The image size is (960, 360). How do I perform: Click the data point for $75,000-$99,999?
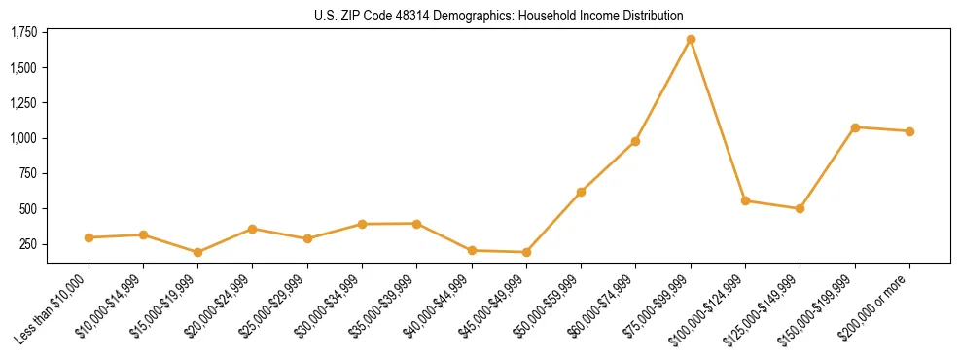(691, 40)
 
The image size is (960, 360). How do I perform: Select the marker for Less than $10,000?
(89, 237)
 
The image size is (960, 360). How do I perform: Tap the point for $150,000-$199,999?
(855, 127)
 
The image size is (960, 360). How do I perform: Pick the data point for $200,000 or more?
(909, 131)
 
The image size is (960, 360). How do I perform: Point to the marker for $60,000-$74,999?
(635, 141)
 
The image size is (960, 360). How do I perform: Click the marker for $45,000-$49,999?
(526, 252)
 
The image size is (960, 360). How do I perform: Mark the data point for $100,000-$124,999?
(745, 200)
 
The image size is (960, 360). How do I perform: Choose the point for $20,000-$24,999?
(253, 229)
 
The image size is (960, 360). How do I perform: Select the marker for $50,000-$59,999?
(581, 192)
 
